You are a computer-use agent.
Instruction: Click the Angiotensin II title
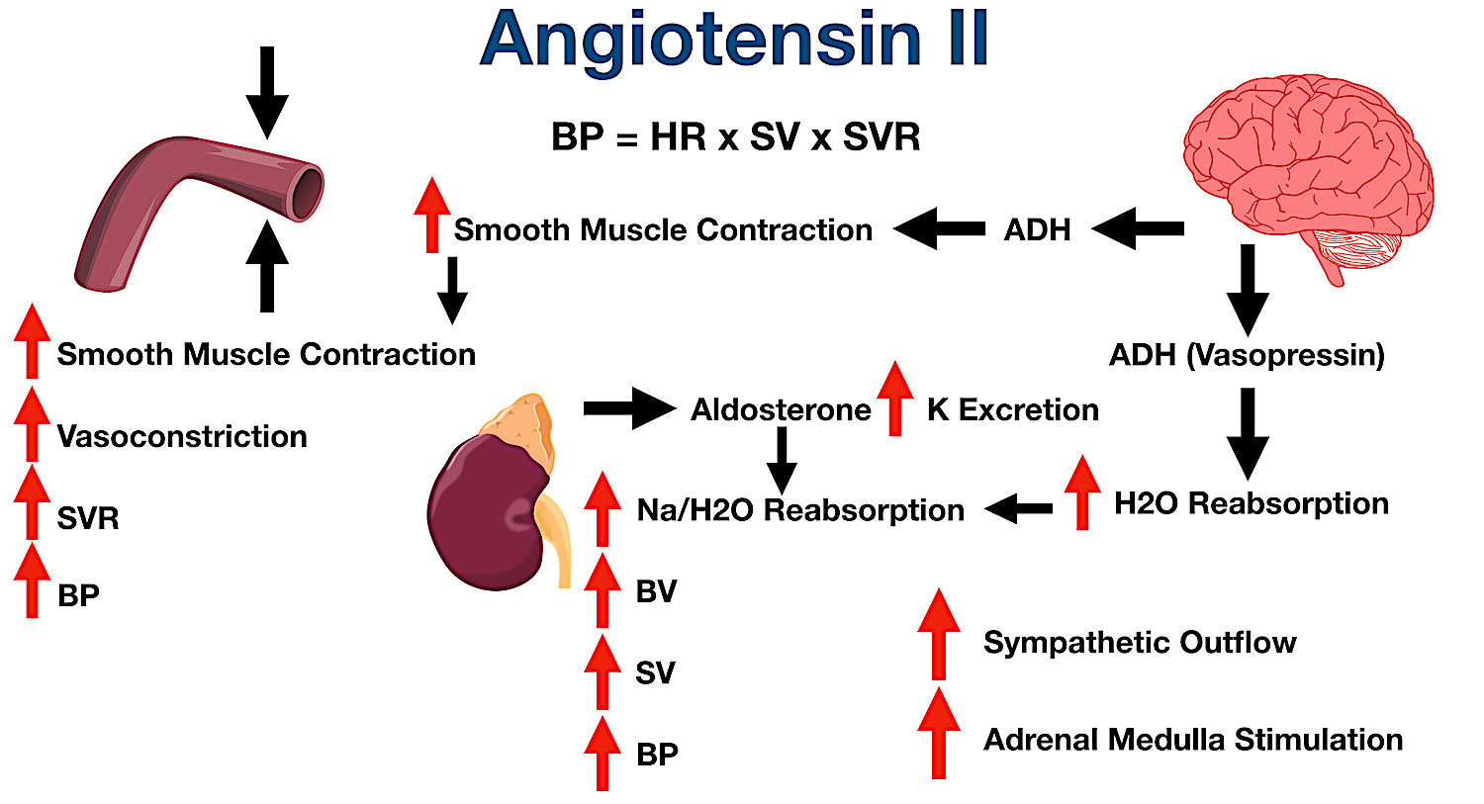[x=734, y=40]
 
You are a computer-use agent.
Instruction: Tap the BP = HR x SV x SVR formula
[x=735, y=136]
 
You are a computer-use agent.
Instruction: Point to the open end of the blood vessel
[x=307, y=191]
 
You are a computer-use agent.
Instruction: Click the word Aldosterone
[x=781, y=409]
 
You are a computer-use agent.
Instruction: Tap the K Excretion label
[x=1012, y=409]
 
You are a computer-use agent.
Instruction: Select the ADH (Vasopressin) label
[x=1247, y=354]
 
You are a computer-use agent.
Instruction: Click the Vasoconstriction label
[x=182, y=436]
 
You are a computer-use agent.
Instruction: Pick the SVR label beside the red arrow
[x=88, y=518]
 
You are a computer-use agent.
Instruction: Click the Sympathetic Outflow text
[x=1140, y=642]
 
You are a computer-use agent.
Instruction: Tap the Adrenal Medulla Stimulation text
[x=1192, y=739]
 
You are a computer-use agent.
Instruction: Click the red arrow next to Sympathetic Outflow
[x=938, y=634]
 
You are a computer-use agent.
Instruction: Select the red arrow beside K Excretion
[x=894, y=399]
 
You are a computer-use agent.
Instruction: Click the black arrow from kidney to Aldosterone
[x=629, y=408]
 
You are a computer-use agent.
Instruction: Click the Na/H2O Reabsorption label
[x=800, y=510]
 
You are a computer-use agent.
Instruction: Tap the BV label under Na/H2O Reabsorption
[x=656, y=591]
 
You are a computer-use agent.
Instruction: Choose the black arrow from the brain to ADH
[x=1138, y=229]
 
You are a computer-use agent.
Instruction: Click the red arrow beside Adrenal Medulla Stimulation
[x=938, y=733]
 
